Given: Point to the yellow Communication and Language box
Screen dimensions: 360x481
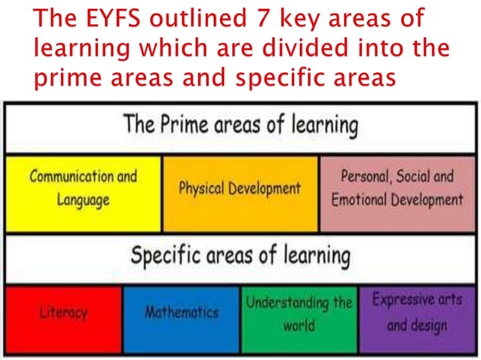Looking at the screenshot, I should [x=83, y=193].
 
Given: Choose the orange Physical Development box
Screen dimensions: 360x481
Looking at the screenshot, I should [x=240, y=193].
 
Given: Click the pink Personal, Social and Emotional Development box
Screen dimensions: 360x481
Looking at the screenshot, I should [x=397, y=193].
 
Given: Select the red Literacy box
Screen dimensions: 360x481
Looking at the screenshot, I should [x=64, y=319].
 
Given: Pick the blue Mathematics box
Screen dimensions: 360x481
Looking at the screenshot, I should [x=182, y=319].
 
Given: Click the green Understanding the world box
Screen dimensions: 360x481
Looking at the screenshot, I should [x=299, y=319].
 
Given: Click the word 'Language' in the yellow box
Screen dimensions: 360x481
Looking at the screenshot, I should [x=83, y=201].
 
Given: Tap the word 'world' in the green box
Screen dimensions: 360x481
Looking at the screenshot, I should [x=299, y=328].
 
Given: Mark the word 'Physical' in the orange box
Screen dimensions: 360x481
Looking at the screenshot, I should [x=204, y=188].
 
